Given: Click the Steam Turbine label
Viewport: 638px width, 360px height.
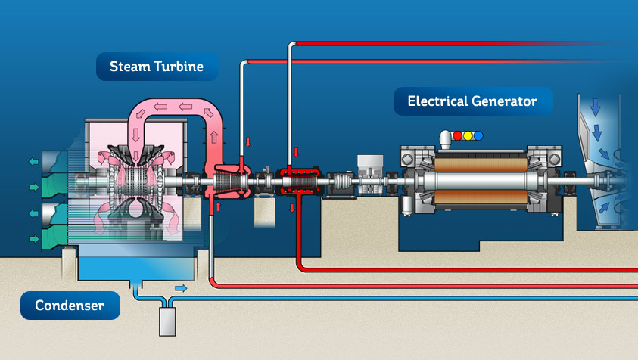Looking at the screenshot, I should (x=157, y=67).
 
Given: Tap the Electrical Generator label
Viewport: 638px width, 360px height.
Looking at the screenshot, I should (x=473, y=101).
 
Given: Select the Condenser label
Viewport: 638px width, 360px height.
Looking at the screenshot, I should (x=69, y=306).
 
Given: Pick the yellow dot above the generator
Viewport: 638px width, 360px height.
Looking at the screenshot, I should (x=467, y=136).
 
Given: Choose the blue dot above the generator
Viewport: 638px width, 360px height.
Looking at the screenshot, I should (x=478, y=136).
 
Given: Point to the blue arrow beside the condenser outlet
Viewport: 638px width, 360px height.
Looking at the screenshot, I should (x=182, y=287).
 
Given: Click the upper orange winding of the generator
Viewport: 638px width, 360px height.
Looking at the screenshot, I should (x=484, y=160).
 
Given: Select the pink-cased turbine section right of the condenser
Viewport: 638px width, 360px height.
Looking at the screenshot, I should (x=226, y=182).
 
